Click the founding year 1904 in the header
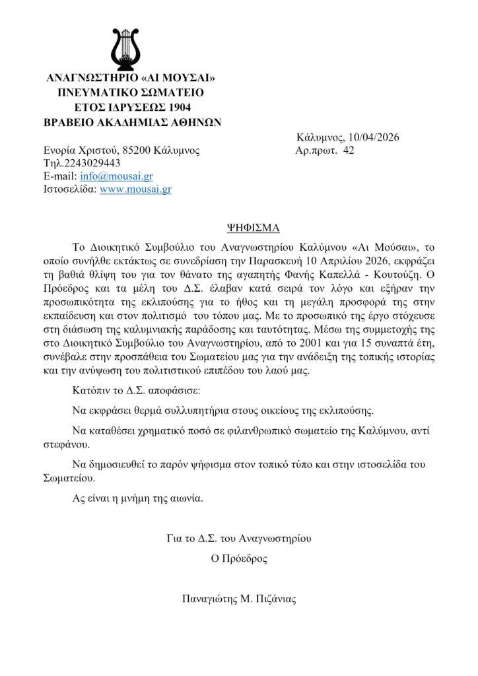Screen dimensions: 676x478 178,107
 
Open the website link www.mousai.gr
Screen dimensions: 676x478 135,189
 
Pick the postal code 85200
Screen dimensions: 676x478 135,151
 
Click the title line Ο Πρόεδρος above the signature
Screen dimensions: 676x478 239,558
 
